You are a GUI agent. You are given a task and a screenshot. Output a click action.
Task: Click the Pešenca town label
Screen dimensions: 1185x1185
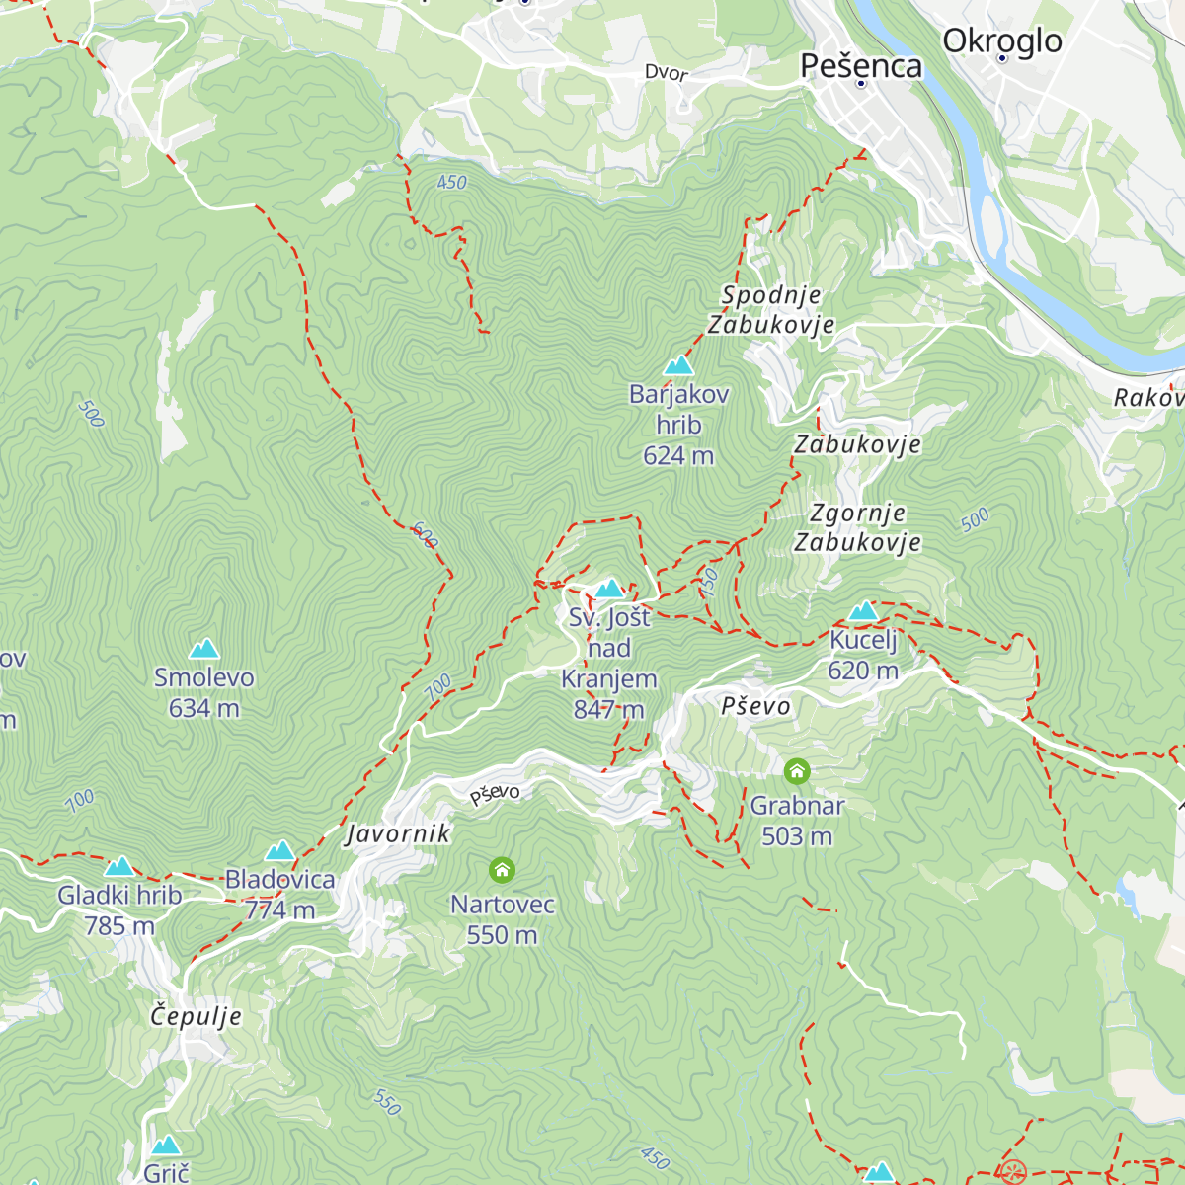click(x=861, y=65)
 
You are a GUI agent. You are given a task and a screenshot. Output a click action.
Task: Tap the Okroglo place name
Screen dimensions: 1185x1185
click(x=1001, y=40)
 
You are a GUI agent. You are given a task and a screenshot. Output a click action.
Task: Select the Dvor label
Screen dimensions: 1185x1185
click(x=666, y=73)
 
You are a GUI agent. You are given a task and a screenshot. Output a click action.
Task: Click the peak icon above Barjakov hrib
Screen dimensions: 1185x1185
click(x=678, y=366)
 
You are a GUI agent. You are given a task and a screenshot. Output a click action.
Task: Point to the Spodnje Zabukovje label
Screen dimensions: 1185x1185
click(x=771, y=310)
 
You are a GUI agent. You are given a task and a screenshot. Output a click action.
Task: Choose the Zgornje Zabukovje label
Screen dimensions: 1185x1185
click(x=857, y=527)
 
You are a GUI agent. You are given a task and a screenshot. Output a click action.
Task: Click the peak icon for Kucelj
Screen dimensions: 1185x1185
click(x=863, y=611)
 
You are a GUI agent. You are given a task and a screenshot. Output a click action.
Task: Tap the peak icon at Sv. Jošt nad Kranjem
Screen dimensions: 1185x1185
click(x=609, y=590)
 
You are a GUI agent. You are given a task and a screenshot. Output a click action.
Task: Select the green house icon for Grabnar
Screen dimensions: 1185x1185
click(x=797, y=770)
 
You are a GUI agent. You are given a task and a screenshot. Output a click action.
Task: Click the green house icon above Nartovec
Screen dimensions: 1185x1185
click(x=502, y=870)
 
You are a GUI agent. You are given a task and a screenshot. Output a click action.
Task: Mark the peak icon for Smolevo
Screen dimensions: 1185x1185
click(x=204, y=649)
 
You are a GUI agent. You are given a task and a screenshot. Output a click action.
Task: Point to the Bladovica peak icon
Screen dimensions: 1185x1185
click(x=280, y=850)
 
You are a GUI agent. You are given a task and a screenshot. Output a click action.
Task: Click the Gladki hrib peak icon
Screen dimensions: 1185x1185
click(x=119, y=866)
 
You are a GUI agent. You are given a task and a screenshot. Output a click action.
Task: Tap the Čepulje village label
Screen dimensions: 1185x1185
click(x=196, y=1016)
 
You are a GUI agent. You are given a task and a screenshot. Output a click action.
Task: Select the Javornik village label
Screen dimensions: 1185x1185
click(x=398, y=834)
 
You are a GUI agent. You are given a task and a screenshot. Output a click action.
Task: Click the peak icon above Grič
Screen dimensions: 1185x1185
click(x=166, y=1145)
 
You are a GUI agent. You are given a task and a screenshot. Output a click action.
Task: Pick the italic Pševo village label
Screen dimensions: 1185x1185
click(x=756, y=706)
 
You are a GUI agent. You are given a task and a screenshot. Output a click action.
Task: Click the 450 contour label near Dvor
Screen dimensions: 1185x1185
click(x=451, y=183)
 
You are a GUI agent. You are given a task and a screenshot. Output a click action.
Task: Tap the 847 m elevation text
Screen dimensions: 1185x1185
click(x=608, y=709)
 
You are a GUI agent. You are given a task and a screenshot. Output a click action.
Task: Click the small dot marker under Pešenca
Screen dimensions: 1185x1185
click(x=861, y=85)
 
